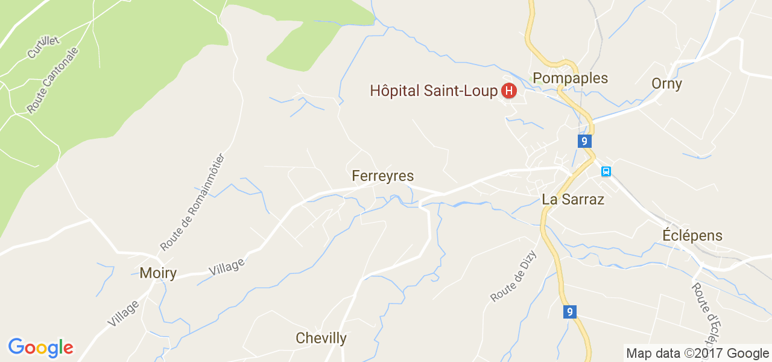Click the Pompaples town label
[570, 78]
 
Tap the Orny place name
[666, 83]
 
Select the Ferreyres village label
[383, 176]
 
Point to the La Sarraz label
[573, 199]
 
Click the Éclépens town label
[692, 235]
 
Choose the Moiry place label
[158, 273]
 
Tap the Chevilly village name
[321, 338]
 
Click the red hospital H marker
[509, 91]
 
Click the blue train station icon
[606, 171]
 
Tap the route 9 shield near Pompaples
[583, 141]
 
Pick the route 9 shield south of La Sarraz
[569, 312]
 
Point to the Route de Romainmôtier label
[192, 202]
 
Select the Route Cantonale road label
[52, 80]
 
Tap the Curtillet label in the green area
[43, 47]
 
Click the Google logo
[41, 348]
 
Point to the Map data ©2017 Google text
[697, 354]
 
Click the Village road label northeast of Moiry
[227, 266]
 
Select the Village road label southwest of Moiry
[123, 313]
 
